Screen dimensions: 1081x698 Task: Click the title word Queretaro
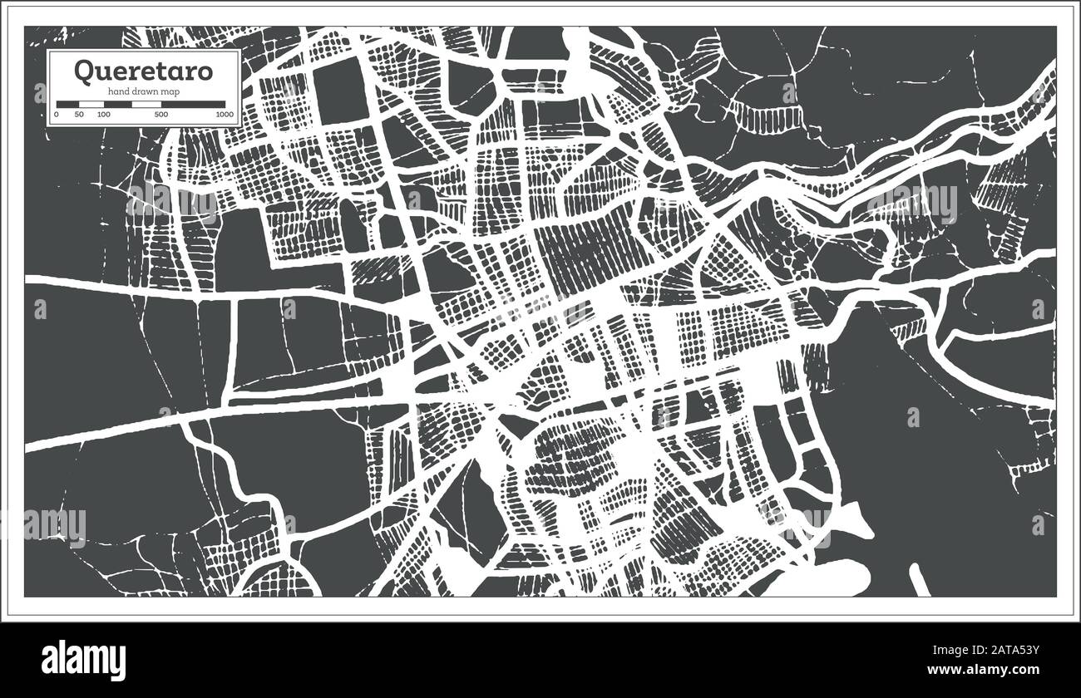(143, 71)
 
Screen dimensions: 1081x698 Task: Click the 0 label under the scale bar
(57, 114)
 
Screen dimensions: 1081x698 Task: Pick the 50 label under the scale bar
(79, 114)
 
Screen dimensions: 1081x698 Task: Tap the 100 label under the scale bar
(103, 114)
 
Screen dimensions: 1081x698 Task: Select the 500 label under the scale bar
(161, 114)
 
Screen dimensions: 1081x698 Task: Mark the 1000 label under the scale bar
(223, 114)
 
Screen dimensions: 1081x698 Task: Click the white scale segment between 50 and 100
(91, 105)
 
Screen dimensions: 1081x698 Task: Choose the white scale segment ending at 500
(146, 105)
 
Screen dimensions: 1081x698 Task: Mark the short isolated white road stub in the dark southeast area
(918, 579)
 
